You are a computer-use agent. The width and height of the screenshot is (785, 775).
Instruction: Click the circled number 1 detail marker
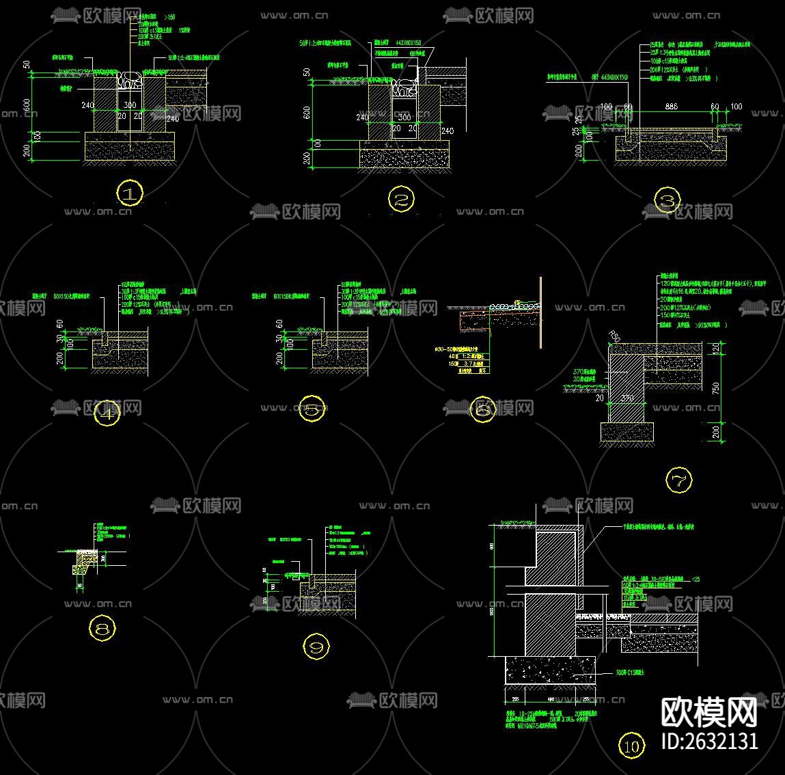(130, 193)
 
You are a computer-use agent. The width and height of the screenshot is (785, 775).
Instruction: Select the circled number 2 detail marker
(401, 200)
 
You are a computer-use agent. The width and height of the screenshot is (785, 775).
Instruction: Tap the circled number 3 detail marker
(667, 202)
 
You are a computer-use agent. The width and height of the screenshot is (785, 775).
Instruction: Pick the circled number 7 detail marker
(678, 480)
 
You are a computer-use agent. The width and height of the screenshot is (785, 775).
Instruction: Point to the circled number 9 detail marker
(316, 647)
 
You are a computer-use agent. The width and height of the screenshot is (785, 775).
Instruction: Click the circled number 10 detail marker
(631, 746)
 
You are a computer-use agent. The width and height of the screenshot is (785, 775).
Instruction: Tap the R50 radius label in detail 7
(616, 336)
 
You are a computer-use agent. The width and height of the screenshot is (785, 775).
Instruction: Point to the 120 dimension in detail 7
(715, 349)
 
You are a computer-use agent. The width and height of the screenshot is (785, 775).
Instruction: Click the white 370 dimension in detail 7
(626, 397)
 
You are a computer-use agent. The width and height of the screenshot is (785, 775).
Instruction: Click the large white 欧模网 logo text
(709, 713)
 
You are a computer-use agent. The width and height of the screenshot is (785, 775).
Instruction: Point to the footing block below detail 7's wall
(626, 431)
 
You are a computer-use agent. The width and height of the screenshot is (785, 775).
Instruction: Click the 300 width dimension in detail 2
(404, 118)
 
